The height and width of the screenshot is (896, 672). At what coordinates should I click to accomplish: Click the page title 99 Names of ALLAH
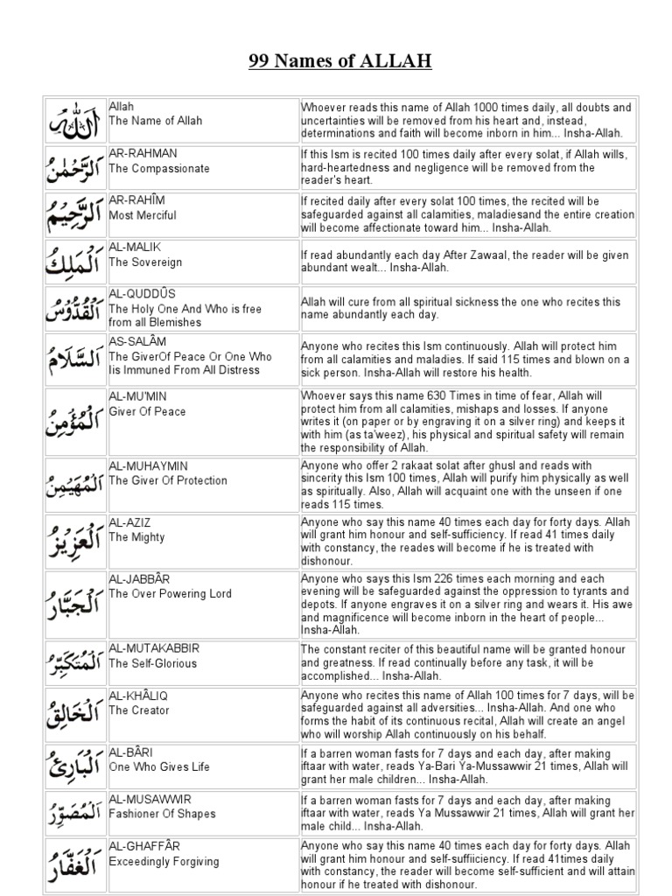click(x=336, y=61)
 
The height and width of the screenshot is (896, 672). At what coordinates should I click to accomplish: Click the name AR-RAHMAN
click(x=143, y=153)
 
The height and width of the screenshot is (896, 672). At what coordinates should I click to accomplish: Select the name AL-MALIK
click(x=135, y=248)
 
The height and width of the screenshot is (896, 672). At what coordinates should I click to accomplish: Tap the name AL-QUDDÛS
click(x=142, y=294)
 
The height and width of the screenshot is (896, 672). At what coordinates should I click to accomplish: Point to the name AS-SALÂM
click(x=139, y=341)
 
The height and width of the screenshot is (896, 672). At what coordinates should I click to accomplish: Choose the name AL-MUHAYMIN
click(x=148, y=466)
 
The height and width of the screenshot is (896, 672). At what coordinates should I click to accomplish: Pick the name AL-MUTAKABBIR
click(x=154, y=648)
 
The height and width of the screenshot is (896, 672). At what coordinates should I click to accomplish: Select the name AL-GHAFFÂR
click(x=143, y=846)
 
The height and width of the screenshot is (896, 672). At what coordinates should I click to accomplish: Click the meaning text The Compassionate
click(x=159, y=168)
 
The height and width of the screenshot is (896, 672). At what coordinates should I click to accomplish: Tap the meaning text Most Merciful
click(x=143, y=215)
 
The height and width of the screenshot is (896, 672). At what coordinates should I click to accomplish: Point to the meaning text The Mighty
click(x=136, y=537)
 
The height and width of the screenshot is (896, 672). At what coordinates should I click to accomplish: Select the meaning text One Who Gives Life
click(x=159, y=766)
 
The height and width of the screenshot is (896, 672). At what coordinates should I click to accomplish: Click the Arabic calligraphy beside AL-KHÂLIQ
click(x=75, y=715)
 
